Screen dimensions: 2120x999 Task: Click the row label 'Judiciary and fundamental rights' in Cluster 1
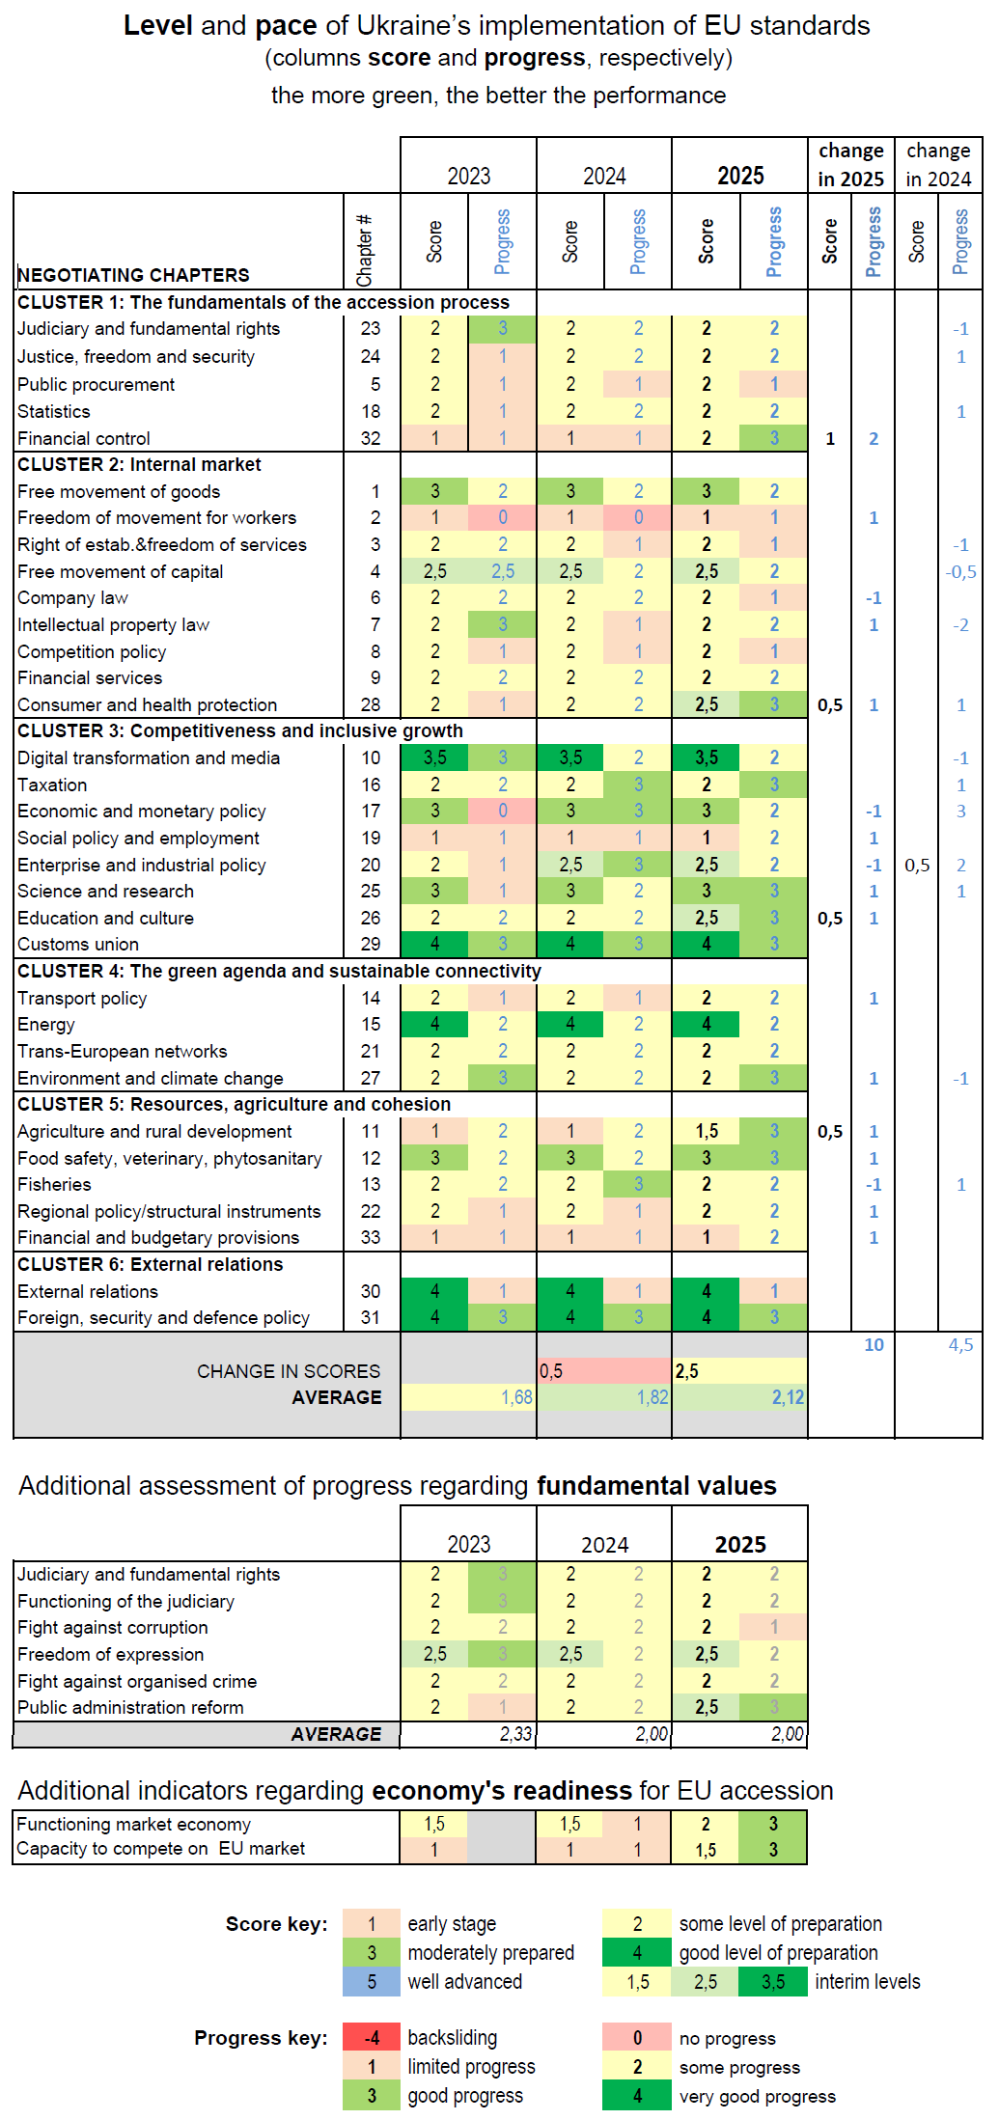pos(149,329)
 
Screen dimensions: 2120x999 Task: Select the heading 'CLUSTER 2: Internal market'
pos(139,464)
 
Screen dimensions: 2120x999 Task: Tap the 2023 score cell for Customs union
pos(434,944)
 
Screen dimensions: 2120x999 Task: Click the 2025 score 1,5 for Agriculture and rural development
pos(707,1131)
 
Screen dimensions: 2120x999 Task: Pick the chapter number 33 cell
pos(371,1237)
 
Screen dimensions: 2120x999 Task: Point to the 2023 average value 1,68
pos(516,1396)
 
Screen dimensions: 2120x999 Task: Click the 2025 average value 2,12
pos(788,1396)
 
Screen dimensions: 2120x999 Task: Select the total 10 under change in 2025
pos(874,1344)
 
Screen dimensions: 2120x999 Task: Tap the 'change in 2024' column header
pos(938,164)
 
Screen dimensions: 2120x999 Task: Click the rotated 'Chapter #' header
pos(365,250)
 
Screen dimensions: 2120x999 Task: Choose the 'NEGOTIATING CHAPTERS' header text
pos(133,275)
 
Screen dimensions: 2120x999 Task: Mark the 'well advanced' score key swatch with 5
pos(372,1981)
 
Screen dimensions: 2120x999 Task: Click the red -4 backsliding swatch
pos(372,2037)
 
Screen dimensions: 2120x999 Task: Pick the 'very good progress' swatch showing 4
pos(637,2095)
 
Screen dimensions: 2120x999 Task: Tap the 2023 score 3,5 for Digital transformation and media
pos(434,757)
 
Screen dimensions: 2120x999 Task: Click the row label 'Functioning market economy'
pos(133,1824)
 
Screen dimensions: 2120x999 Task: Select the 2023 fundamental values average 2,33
pos(515,1733)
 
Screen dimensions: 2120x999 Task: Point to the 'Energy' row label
pos(46,1024)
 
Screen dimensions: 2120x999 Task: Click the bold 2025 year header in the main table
pos(740,176)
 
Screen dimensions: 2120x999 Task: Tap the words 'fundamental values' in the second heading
pos(656,1485)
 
